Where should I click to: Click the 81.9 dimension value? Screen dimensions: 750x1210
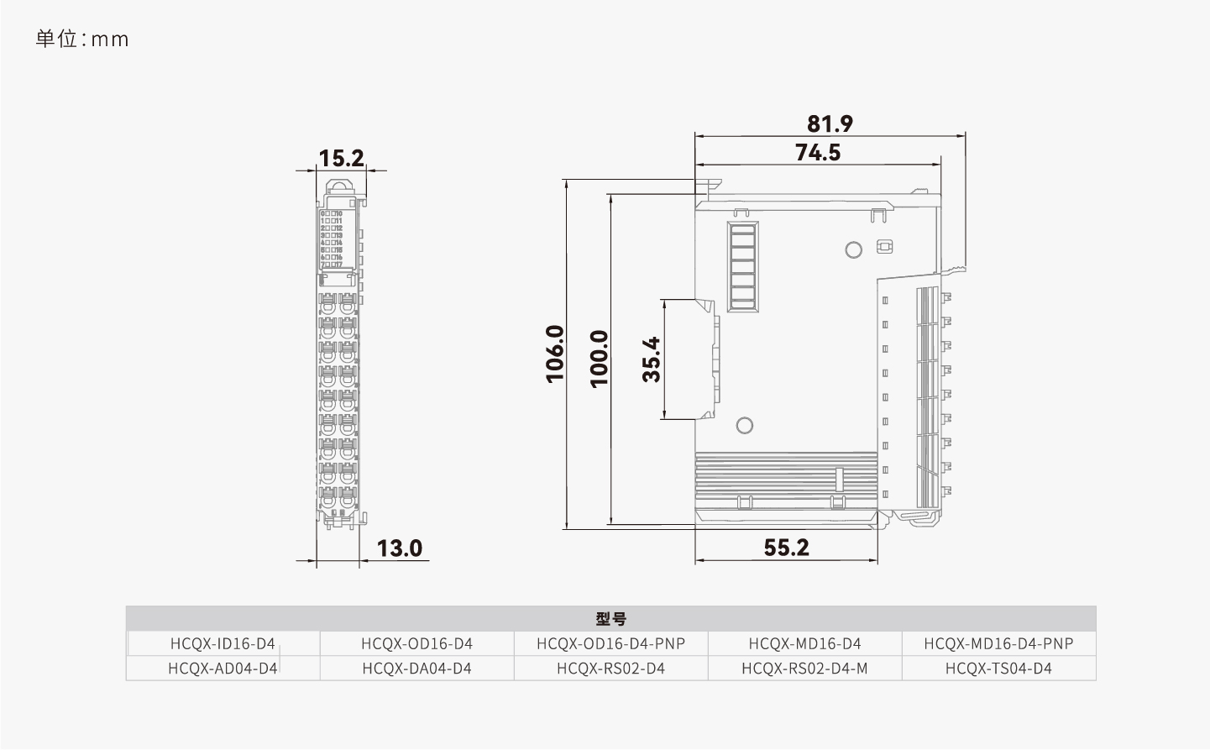coord(830,123)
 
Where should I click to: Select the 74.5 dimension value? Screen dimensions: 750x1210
coord(818,152)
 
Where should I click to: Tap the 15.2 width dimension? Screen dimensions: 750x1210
coord(341,158)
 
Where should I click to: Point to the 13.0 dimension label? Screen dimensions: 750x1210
coord(399,548)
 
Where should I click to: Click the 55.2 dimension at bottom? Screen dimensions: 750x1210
coord(786,548)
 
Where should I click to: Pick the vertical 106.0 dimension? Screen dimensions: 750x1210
coord(556,354)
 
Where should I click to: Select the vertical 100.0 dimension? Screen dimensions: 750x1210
coord(599,358)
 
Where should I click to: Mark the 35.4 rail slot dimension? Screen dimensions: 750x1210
coord(652,359)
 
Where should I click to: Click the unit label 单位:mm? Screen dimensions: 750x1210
coord(82,39)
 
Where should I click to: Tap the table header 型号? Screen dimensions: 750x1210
coord(610,619)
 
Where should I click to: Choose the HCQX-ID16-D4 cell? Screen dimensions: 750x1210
coord(223,643)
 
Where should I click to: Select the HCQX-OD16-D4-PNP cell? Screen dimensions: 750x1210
coord(610,643)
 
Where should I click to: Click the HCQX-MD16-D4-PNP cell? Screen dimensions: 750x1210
coord(998,643)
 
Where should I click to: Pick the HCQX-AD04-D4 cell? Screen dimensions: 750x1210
coord(223,669)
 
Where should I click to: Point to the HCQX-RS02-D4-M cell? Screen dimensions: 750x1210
coord(804,669)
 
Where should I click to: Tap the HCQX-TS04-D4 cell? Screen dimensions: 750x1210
coord(998,669)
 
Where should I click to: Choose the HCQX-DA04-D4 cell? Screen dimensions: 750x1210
coord(416,669)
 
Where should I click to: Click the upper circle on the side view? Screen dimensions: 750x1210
coord(853,249)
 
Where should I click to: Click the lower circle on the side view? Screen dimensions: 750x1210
coord(744,425)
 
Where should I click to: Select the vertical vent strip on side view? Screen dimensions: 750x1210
coord(742,267)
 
